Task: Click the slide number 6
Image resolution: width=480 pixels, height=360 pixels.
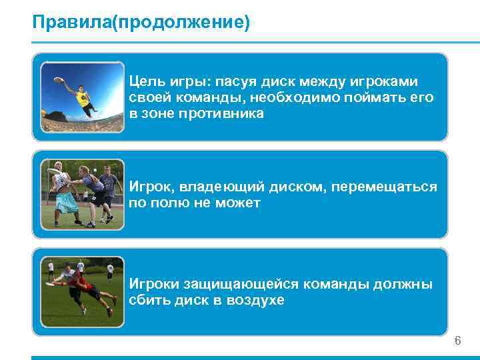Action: (457, 341)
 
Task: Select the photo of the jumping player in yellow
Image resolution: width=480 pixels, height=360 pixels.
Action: (83, 97)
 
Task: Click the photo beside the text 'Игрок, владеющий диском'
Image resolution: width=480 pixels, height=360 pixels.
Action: (83, 194)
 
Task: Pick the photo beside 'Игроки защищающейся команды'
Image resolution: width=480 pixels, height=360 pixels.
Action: (83, 291)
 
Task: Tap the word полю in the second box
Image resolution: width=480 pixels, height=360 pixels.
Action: (175, 203)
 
